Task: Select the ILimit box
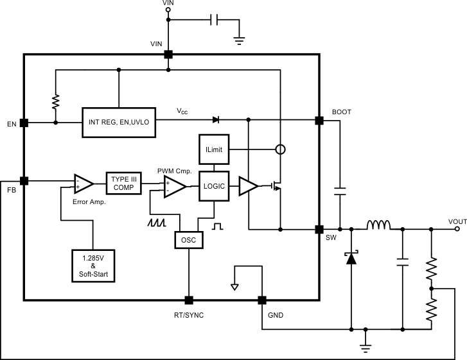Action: click(x=215, y=149)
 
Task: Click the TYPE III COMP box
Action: click(x=123, y=183)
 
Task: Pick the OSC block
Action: click(x=189, y=239)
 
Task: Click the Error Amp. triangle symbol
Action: click(x=83, y=184)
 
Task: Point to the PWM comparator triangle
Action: click(x=173, y=186)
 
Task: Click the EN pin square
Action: click(x=24, y=123)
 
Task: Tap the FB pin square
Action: click(x=24, y=181)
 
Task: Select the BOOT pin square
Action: click(x=319, y=120)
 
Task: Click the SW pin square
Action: click(x=319, y=228)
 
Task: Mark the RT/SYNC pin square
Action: click(x=189, y=300)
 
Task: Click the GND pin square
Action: click(x=262, y=300)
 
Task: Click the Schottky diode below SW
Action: click(x=351, y=258)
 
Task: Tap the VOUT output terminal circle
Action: click(x=452, y=228)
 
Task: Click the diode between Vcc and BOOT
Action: click(x=216, y=119)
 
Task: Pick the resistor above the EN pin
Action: click(x=56, y=102)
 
